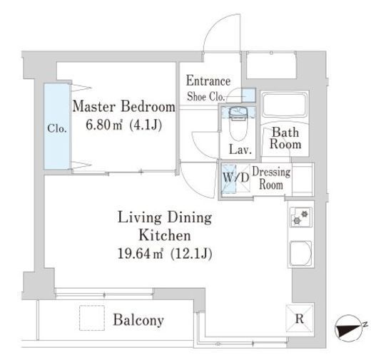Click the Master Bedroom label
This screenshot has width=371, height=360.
coord(123,107)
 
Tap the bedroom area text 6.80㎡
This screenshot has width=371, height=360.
coord(103,125)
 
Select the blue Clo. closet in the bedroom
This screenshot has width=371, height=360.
coord(57,126)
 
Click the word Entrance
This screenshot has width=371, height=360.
coord(208,81)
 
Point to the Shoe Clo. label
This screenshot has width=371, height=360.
coord(205,96)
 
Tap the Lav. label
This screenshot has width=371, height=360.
coord(240,150)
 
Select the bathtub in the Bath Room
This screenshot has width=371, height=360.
coord(285,106)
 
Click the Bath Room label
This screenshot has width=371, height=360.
coord(285,138)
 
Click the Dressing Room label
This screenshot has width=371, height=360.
coord(271,178)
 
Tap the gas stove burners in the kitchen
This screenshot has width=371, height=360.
coord(300,217)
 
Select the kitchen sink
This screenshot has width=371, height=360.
coord(300,254)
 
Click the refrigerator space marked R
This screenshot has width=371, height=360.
coord(300,318)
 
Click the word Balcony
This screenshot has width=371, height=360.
coord(138,320)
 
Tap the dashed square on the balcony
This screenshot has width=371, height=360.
coord(92,318)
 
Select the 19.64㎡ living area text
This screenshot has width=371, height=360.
coord(141,254)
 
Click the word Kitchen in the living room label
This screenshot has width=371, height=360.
coord(165,235)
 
